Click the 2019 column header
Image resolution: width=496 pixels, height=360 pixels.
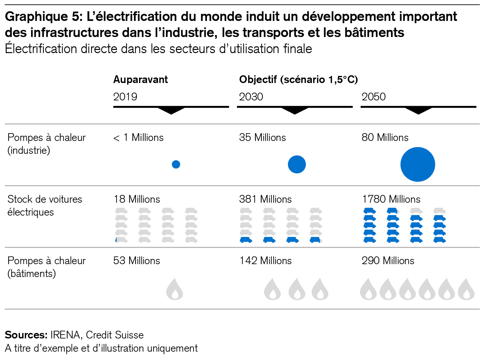[125, 97]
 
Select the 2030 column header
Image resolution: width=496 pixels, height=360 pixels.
[251, 97]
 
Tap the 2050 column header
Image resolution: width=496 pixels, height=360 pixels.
[373, 97]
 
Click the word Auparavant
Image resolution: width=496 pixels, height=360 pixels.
[140, 79]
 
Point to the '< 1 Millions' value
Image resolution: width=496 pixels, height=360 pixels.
[138, 137]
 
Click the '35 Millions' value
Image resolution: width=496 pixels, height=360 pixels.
[262, 137]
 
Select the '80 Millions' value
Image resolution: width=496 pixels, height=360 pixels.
[385, 137]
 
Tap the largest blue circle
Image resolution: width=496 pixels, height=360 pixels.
[417, 164]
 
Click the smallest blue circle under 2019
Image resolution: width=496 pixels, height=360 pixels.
[176, 164]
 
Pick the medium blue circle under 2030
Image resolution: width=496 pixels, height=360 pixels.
[296, 164]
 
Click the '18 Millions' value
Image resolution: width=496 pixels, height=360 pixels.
[137, 199]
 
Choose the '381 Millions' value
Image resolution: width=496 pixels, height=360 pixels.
[265, 199]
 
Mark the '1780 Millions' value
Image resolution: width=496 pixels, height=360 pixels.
[391, 199]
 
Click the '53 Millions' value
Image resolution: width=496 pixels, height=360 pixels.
[136, 261]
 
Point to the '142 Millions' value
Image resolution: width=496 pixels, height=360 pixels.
[265, 261]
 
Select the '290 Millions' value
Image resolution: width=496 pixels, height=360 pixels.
[388, 261]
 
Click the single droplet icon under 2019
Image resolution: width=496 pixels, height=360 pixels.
[175, 290]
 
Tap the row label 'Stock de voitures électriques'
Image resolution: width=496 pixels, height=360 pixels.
[45, 206]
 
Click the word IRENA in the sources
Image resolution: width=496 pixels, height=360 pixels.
[65, 335]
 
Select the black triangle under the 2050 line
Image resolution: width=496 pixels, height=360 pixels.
[418, 111]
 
